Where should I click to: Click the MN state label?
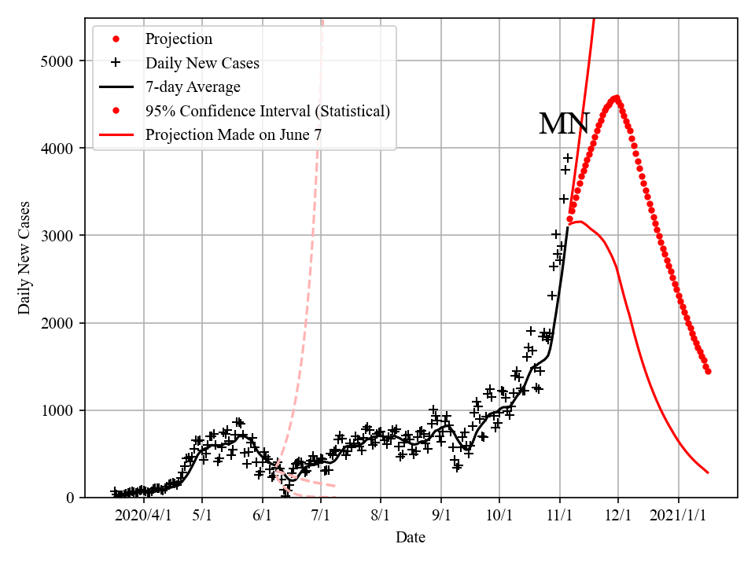564,124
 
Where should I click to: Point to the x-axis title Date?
411,537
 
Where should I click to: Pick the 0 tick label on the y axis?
71,498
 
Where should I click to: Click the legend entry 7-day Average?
193,86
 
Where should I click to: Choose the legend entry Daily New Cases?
202,63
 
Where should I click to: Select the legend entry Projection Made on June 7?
233,135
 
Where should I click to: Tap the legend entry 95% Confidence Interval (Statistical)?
267,111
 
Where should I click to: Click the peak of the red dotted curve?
616,98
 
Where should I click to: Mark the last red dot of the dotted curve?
708,371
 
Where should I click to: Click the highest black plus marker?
568,158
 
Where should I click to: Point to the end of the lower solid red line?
708,472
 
